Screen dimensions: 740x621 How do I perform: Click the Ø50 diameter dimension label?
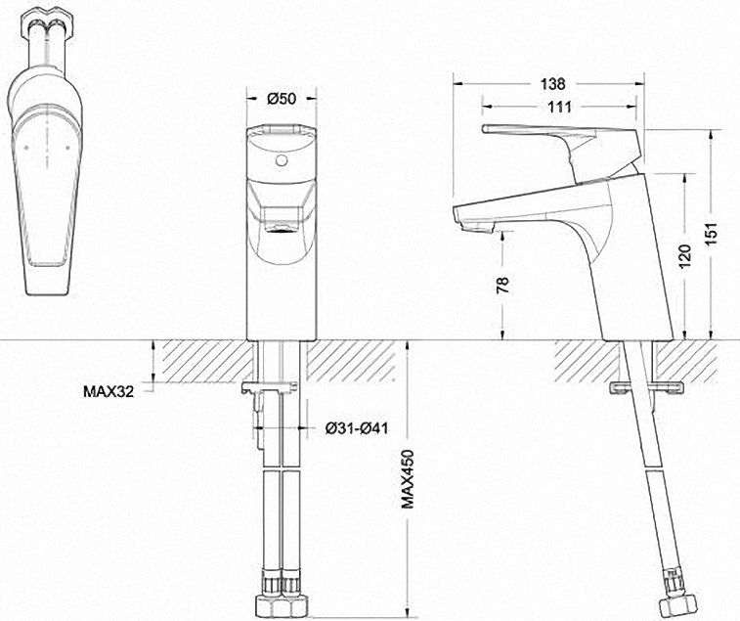pyautogui.click(x=282, y=98)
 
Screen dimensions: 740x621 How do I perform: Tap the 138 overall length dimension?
pyautogui.click(x=552, y=84)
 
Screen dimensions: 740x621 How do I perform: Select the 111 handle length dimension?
pyautogui.click(x=559, y=107)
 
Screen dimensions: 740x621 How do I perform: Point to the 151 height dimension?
pyautogui.click(x=712, y=233)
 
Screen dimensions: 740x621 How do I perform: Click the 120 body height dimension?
pyautogui.click(x=685, y=256)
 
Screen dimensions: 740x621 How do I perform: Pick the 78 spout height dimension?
pyautogui.click(x=503, y=285)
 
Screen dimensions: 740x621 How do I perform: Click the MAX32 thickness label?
pyautogui.click(x=109, y=391)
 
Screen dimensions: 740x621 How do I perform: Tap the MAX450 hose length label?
pyautogui.click(x=408, y=479)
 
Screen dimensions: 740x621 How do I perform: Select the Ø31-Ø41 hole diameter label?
pyautogui.click(x=357, y=428)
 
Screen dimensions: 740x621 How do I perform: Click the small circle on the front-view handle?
pyautogui.click(x=282, y=160)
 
